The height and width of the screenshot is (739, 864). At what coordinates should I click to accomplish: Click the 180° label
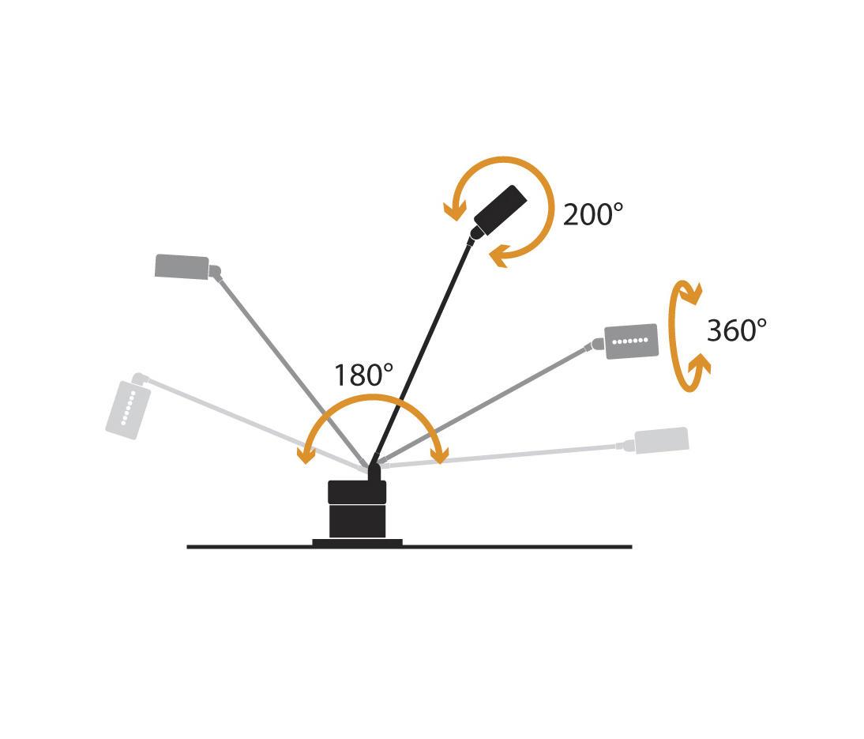pyautogui.click(x=363, y=375)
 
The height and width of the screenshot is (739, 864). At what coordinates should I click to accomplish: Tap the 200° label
pyautogui.click(x=593, y=214)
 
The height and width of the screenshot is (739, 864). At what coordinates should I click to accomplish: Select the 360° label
pyautogui.click(x=737, y=330)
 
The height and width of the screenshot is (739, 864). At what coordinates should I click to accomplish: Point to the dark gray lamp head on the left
pyautogui.click(x=182, y=267)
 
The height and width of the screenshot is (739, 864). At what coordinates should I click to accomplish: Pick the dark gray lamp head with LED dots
pyautogui.click(x=632, y=341)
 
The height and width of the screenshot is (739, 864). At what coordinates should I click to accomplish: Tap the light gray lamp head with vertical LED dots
pyautogui.click(x=128, y=409)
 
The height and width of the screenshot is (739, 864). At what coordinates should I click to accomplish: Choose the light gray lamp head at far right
pyautogui.click(x=662, y=441)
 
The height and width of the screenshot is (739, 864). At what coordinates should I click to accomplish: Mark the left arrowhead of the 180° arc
pyautogui.click(x=306, y=455)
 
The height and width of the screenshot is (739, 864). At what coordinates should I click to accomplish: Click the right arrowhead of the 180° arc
pyautogui.click(x=440, y=455)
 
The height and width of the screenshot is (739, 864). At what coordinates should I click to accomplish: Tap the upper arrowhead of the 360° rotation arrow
pyautogui.click(x=691, y=294)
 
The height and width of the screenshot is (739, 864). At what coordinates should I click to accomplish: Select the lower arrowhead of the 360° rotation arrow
pyautogui.click(x=699, y=364)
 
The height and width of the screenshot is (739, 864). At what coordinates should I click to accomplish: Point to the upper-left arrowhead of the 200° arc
pyautogui.click(x=455, y=211)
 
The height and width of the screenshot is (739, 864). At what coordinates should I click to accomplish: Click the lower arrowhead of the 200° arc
pyautogui.click(x=500, y=256)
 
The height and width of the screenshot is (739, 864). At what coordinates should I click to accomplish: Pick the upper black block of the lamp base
pyautogui.click(x=357, y=492)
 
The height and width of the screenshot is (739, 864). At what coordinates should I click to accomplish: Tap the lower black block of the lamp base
pyautogui.click(x=357, y=521)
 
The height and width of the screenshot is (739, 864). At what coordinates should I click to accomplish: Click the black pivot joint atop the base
pyautogui.click(x=374, y=472)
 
